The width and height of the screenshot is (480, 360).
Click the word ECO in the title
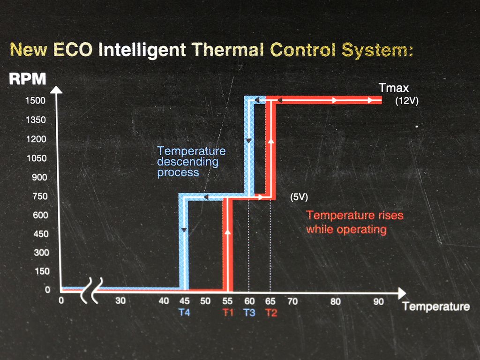click(73, 49)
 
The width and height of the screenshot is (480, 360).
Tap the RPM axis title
click(28, 79)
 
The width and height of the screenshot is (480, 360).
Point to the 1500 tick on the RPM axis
click(36, 100)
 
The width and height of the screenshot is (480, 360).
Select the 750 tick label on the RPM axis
click(40, 196)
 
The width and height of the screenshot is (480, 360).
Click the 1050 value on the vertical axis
click(37, 158)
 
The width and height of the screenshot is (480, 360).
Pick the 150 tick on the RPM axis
click(41, 271)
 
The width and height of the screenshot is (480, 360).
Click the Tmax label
click(394, 88)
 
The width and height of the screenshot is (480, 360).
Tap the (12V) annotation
click(406, 101)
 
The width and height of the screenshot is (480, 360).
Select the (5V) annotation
click(299, 197)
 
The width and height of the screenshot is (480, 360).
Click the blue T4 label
click(184, 312)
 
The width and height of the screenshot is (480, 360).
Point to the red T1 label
click(228, 313)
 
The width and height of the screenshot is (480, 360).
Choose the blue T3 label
click(249, 313)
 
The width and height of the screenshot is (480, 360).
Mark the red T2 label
click(271, 313)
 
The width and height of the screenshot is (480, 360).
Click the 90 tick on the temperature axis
click(378, 301)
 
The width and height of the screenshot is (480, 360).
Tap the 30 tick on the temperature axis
click(120, 300)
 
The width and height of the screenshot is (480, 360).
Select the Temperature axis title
click(436, 307)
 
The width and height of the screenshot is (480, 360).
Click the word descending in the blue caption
click(187, 162)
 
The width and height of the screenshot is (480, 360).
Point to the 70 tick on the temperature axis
click(292, 301)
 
